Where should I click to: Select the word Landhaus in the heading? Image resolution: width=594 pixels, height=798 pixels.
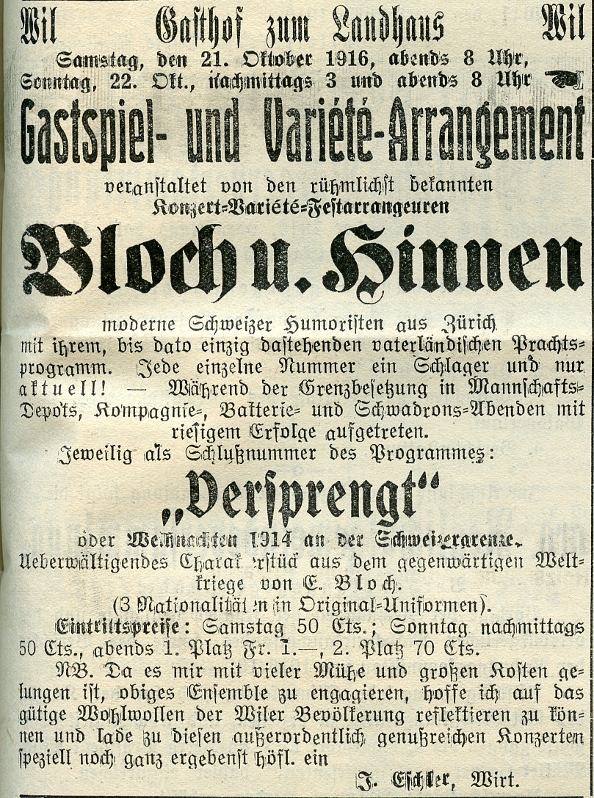coord(388,27)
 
